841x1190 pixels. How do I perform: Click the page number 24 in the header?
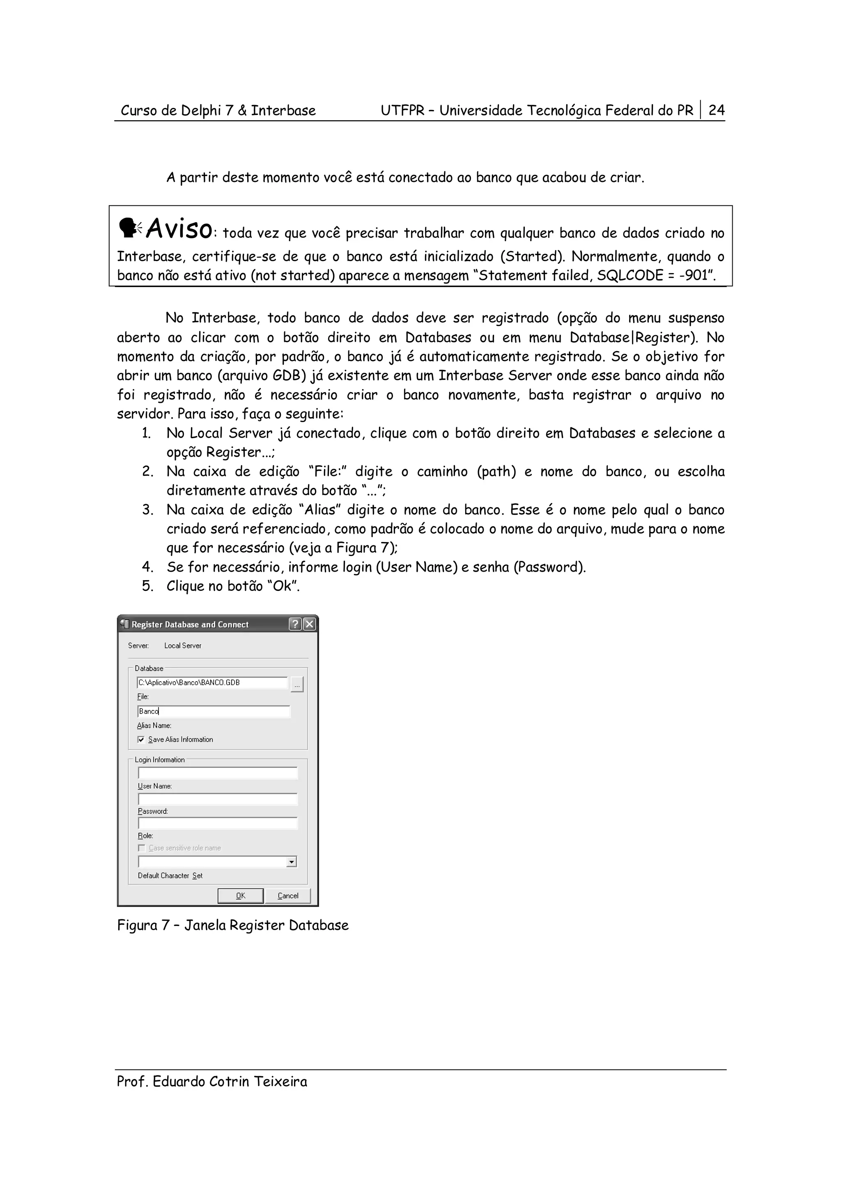tap(716, 110)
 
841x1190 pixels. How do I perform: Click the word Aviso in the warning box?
tap(179, 229)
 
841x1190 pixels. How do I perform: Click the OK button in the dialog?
tap(241, 895)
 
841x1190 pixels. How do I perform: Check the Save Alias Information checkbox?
tap(141, 739)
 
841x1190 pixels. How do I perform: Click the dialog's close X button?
tap(309, 624)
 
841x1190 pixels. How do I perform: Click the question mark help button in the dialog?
tap(295, 624)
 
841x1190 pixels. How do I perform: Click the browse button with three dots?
tap(297, 685)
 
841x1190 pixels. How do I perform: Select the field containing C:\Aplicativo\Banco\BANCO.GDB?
tap(212, 682)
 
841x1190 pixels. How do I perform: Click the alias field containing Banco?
tap(214, 711)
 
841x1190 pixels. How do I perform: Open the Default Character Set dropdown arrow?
tap(292, 862)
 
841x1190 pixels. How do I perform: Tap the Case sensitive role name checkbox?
tap(141, 848)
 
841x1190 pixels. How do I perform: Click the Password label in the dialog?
tap(153, 811)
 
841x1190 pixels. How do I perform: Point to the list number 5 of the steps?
tap(148, 586)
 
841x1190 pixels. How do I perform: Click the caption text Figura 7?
tap(143, 925)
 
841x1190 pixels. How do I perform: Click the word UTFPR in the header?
tap(402, 110)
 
